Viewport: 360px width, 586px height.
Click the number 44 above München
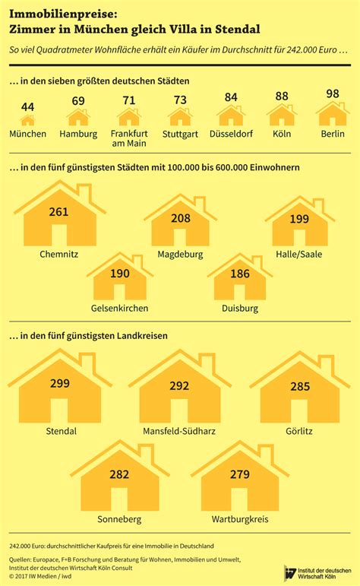coord(27,107)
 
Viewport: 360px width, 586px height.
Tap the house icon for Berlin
coord(332,115)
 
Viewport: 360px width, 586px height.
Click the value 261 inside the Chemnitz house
coord(59,211)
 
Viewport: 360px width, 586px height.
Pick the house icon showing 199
coord(299,221)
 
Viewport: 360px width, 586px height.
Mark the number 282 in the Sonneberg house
coord(120,474)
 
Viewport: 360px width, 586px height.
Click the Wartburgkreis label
coord(239,520)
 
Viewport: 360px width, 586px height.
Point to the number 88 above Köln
coord(280,96)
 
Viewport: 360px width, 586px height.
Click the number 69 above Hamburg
coord(78,100)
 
